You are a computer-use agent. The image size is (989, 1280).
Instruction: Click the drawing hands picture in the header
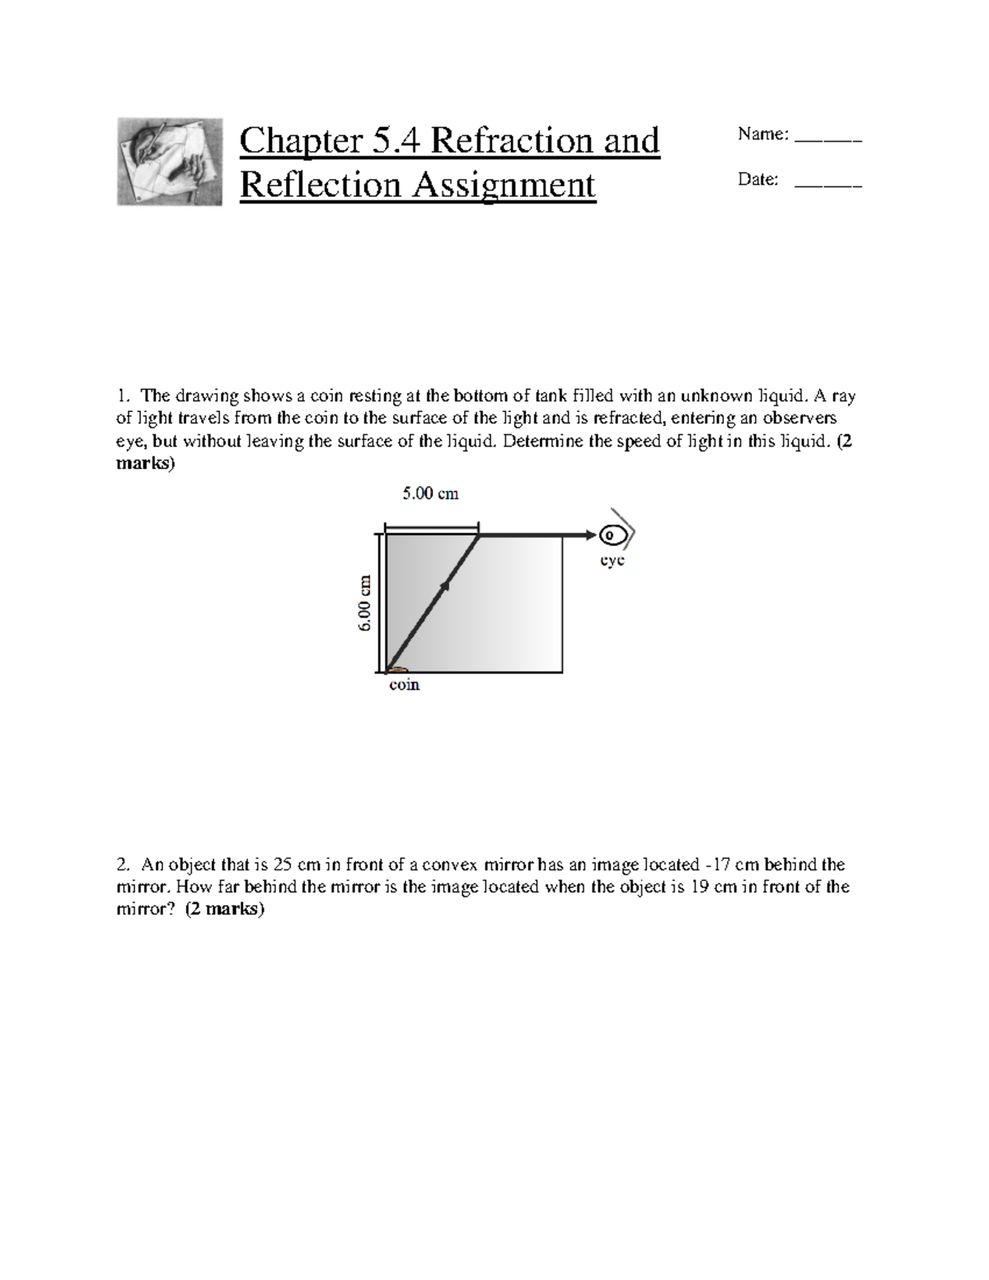[170, 162]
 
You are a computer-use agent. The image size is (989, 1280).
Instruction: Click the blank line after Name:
[827, 141]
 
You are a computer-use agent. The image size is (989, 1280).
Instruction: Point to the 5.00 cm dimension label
[430, 494]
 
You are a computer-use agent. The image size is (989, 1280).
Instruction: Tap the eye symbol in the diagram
[612, 537]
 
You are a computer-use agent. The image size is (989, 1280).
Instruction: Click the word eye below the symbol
[612, 560]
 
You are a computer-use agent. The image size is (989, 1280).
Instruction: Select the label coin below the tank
[404, 685]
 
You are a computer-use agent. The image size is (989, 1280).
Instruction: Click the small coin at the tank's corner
[396, 669]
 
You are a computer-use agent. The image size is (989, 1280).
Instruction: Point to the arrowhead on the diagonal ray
[446, 585]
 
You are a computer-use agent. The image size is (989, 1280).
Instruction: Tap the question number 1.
[121, 396]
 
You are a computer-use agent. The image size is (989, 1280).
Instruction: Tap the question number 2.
[122, 865]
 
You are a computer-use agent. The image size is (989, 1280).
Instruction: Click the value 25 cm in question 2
[296, 865]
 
